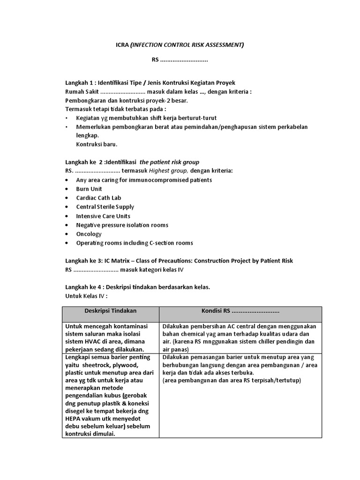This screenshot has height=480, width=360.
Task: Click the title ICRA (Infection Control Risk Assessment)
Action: pos(180,45)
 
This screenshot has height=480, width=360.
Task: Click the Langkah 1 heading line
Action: pos(150,82)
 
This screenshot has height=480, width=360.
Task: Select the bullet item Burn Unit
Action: pos(89,189)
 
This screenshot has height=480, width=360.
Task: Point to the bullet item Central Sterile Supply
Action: pos(105,207)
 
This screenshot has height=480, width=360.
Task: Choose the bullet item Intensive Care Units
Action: pos(103,216)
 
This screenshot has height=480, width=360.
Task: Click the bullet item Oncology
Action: pos(89,234)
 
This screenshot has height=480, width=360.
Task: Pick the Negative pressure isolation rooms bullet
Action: pos(122,225)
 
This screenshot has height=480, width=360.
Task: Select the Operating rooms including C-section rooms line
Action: pos(135,243)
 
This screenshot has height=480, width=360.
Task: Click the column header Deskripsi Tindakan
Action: pos(111,311)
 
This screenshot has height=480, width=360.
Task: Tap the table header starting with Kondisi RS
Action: pos(240,311)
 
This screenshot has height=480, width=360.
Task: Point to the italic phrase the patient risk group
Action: pos(169,162)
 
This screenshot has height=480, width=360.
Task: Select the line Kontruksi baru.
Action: pos(97,144)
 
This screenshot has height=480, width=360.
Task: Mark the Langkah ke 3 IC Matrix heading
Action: pos(179,261)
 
